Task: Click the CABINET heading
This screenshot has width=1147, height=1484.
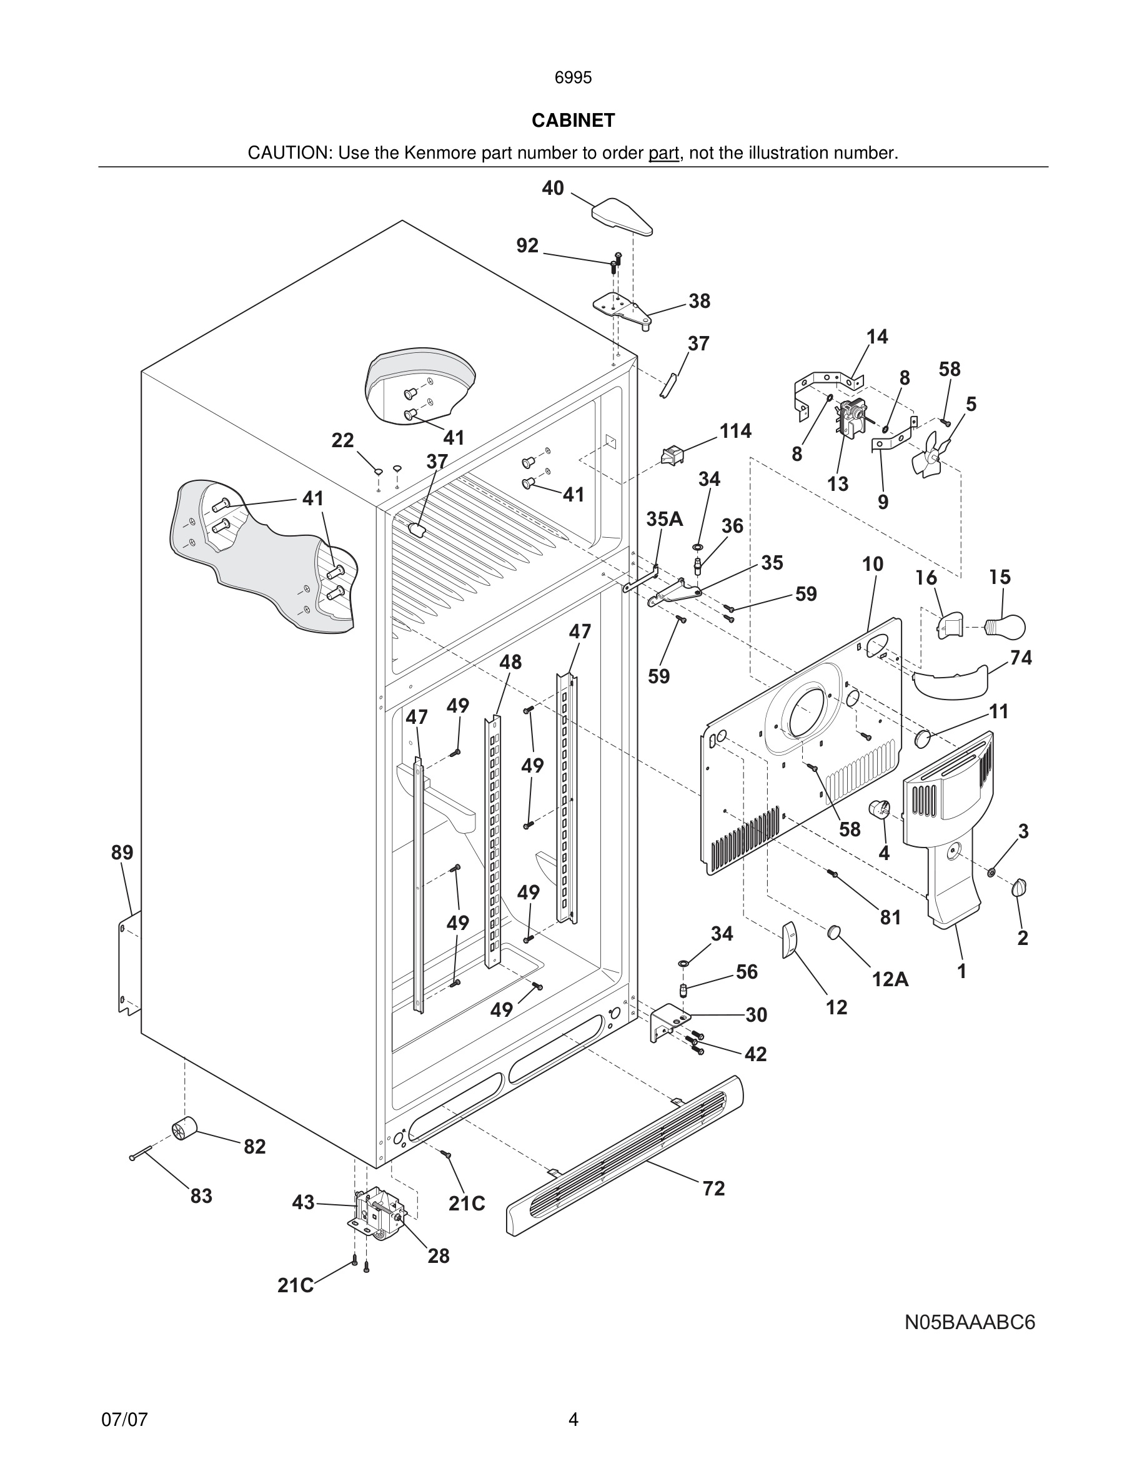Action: pos(573,121)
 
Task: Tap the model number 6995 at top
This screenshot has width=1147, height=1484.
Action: pos(573,77)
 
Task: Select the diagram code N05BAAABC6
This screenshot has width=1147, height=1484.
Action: pos(970,1323)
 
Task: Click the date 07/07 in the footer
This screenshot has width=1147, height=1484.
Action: pos(124,1420)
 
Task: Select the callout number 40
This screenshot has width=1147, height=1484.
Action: pos(552,188)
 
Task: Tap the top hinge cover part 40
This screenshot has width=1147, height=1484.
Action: pos(622,215)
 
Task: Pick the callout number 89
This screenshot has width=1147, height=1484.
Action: pos(122,852)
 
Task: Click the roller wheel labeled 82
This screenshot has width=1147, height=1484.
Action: pos(184,1129)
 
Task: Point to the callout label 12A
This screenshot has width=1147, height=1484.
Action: pos(890,979)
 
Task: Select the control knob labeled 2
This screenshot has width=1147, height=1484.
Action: pos(1020,888)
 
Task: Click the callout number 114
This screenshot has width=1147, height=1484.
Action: pos(735,431)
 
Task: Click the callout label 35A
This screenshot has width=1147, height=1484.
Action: pos(664,519)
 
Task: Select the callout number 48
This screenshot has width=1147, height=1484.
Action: pos(510,662)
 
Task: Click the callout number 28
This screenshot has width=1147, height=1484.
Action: pos(439,1255)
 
